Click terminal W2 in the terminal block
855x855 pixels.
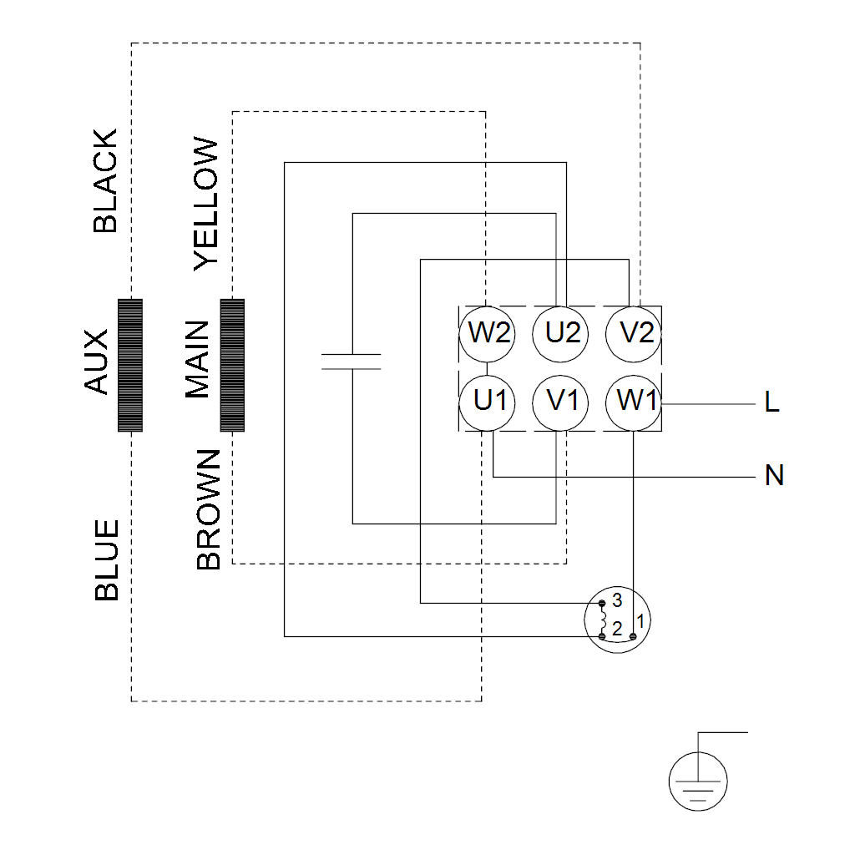tap(488, 333)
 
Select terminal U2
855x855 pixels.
tap(562, 333)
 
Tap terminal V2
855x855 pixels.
tap(635, 333)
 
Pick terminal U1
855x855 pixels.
tap(488, 402)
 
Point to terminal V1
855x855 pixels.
tap(562, 402)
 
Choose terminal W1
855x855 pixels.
tap(635, 402)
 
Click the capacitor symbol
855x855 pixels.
tap(352, 362)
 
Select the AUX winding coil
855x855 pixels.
tap(130, 365)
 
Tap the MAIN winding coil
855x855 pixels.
tap(232, 365)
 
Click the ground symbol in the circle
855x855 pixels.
tap(698, 782)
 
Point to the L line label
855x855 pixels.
tap(772, 403)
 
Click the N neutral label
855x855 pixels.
tap(774, 476)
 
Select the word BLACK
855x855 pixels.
tap(106, 181)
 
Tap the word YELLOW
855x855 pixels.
tap(205, 205)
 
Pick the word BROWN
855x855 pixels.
tap(208, 509)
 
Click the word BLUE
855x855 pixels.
tap(107, 560)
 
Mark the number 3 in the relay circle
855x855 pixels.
tap(617, 600)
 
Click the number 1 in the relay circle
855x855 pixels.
tap(640, 621)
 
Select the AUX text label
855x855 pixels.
tap(97, 362)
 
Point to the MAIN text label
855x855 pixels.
tap(198, 360)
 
